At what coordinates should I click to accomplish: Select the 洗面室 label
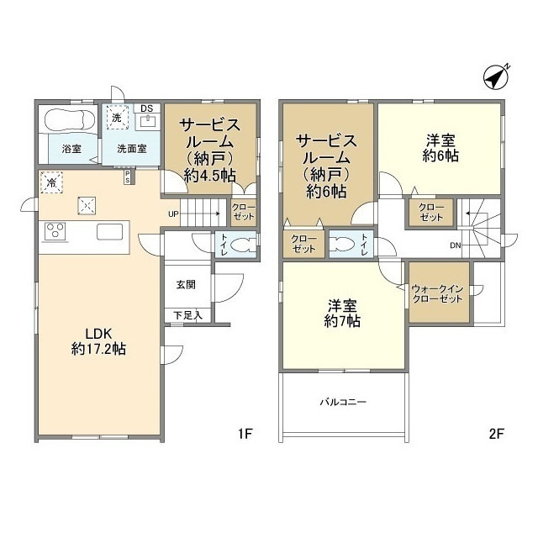tap(131, 150)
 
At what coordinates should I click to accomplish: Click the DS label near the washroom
tap(147, 108)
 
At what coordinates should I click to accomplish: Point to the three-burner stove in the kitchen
tap(55, 229)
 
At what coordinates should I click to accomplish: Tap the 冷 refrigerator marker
tap(52, 181)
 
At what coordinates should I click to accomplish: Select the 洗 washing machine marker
tap(117, 118)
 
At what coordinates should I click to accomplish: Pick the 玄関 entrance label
tap(186, 285)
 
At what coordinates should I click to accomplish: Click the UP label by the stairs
tap(173, 213)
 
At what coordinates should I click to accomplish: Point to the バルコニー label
tap(343, 402)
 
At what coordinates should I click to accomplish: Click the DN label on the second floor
tap(455, 246)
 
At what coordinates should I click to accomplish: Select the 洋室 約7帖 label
tap(344, 312)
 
